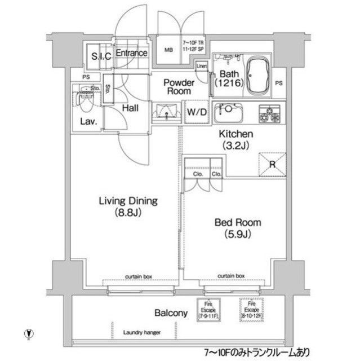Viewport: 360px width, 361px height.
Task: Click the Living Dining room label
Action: click(x=128, y=206)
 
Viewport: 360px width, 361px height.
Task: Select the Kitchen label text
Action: click(x=235, y=139)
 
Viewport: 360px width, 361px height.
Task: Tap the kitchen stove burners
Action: click(x=270, y=113)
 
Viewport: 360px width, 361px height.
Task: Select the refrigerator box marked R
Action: click(x=271, y=164)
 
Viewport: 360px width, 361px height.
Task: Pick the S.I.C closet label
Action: click(x=100, y=56)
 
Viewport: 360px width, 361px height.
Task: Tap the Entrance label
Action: click(x=132, y=53)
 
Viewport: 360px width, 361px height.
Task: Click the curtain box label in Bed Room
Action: click(x=232, y=276)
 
